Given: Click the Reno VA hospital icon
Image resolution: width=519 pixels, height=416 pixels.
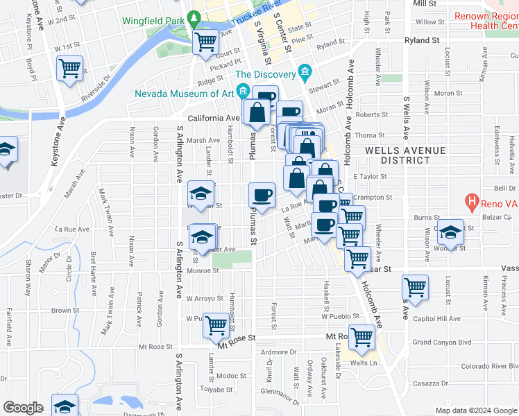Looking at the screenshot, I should coord(472,203).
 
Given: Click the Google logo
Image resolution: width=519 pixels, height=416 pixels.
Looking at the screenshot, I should coord(23,408).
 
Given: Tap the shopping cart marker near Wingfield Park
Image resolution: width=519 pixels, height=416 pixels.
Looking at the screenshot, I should coord(205,44).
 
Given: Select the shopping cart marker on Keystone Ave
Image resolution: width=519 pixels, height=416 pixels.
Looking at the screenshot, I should coord(70,69).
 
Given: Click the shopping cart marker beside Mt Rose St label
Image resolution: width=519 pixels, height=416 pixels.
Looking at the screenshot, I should coord(361,338).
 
